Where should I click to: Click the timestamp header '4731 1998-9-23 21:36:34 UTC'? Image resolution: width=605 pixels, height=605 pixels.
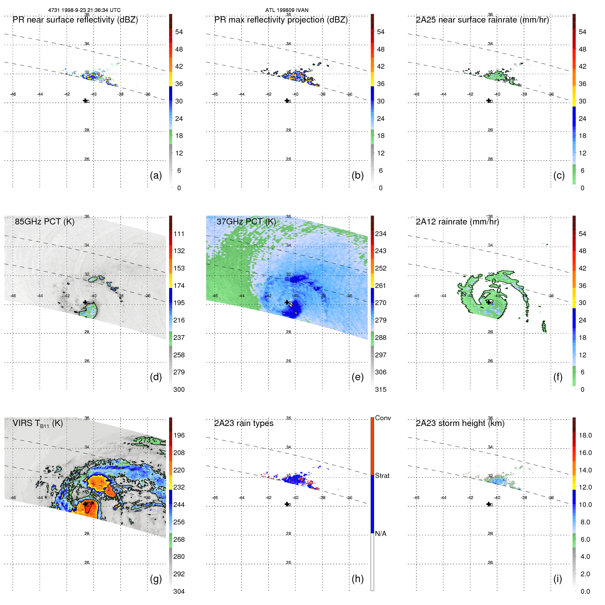(84, 10)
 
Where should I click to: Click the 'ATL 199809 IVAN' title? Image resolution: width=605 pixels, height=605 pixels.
(287, 10)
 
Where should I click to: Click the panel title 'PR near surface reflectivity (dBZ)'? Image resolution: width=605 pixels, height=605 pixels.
(75, 20)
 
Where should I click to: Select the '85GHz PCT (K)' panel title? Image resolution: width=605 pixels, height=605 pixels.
(44, 222)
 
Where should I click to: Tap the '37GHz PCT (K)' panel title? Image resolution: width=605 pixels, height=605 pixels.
(246, 222)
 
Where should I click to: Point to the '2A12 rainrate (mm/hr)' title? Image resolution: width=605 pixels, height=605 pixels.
(457, 222)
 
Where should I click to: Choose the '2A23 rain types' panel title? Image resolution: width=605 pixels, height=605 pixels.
(244, 423)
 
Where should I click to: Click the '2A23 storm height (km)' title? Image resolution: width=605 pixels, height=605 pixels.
(460, 423)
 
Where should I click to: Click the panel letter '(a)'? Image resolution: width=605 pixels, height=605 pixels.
(156, 175)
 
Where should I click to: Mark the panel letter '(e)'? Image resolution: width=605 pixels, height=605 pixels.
(357, 377)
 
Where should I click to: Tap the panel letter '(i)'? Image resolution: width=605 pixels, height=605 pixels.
(558, 579)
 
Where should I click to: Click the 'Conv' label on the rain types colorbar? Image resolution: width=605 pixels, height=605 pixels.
(383, 418)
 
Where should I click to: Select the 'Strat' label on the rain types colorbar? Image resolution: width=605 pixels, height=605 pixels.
(382, 476)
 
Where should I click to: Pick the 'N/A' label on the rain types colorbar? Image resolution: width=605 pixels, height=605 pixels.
(381, 534)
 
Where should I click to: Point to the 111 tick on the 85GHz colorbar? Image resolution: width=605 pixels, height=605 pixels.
(179, 234)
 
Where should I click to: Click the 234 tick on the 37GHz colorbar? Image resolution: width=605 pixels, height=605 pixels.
(381, 234)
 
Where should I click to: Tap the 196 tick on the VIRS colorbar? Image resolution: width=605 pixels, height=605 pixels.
(179, 435)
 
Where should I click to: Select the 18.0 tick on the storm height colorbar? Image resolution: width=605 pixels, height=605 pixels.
(585, 435)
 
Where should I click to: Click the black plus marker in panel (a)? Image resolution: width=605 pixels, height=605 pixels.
(85, 100)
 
